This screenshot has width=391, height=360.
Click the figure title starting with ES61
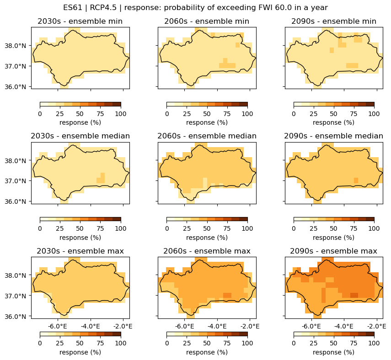coord(195,8)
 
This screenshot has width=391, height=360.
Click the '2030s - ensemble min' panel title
coord(80,21)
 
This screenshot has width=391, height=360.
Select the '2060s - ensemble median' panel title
coord(207,136)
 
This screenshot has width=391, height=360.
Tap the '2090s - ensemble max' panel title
coord(333,251)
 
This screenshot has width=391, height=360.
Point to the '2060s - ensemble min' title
coord(207,21)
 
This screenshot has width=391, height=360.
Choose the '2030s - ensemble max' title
coord(80,251)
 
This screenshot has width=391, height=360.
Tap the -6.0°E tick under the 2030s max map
coord(58,326)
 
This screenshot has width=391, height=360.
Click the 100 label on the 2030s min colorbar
coord(121,114)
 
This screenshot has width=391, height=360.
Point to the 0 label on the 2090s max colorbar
coord(294,343)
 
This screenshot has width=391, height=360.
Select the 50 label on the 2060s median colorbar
coord(207,228)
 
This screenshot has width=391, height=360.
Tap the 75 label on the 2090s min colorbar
coord(354,114)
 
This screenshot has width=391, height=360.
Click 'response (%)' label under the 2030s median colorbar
coord(80,238)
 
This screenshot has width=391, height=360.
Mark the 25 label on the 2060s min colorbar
coord(187,114)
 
